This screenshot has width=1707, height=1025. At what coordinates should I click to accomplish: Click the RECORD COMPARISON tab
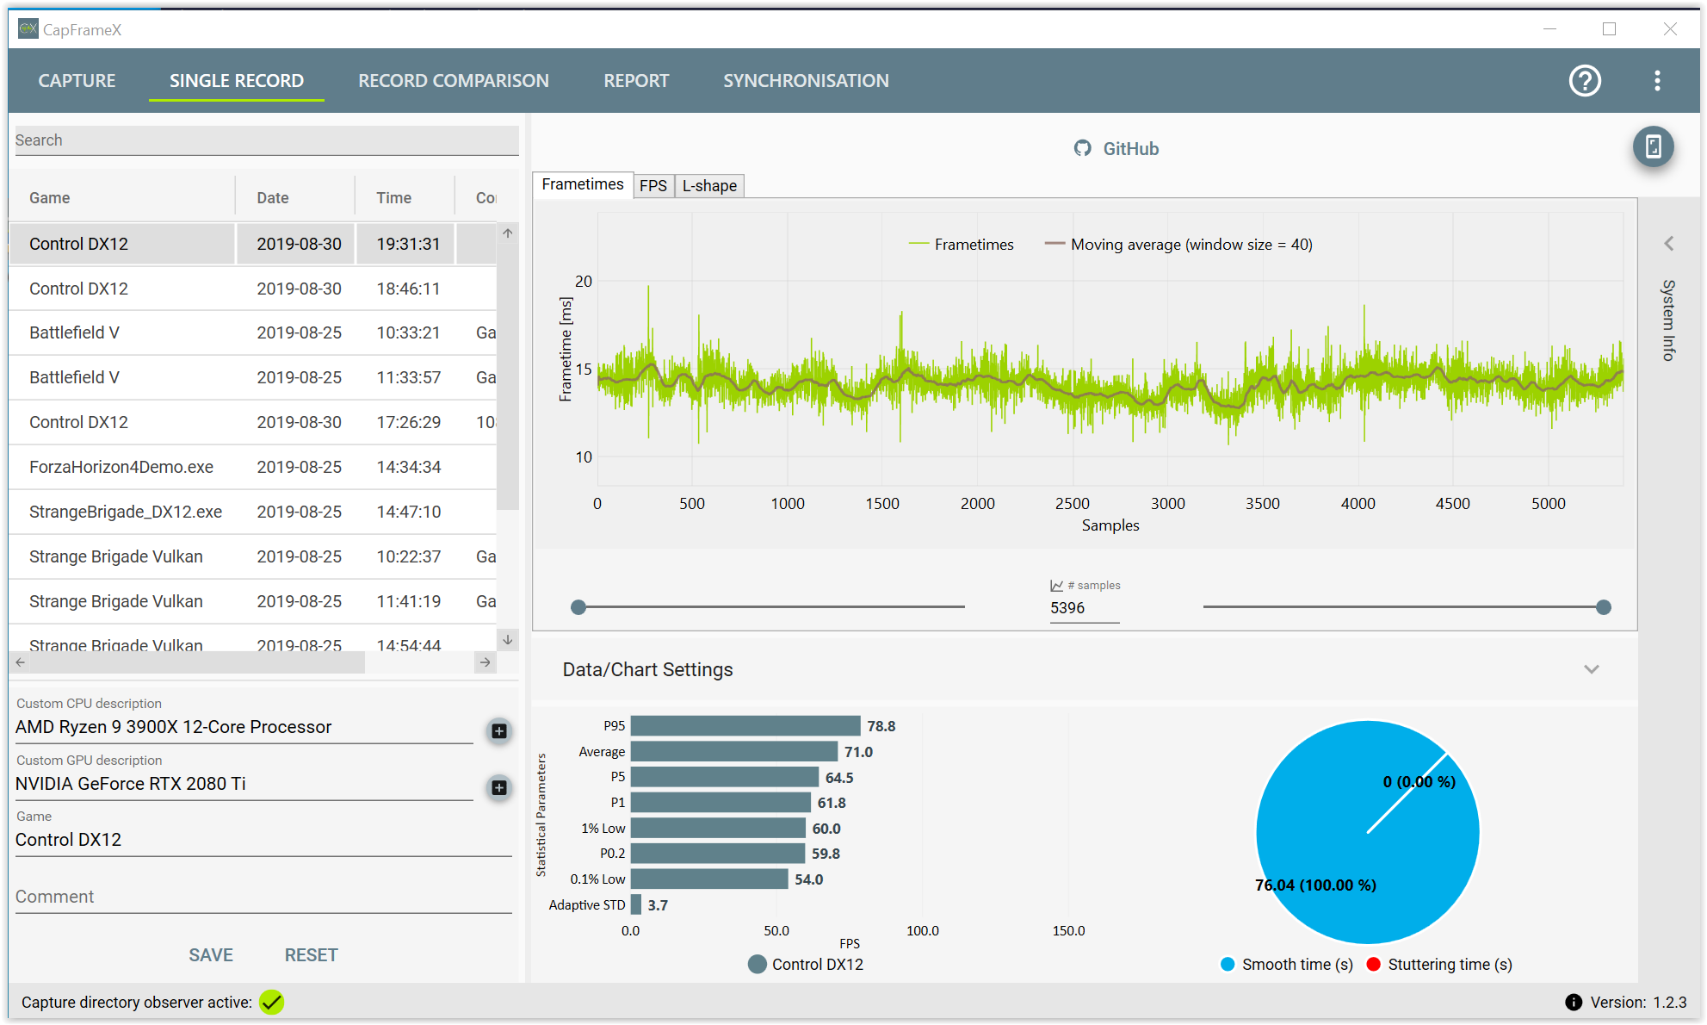454,81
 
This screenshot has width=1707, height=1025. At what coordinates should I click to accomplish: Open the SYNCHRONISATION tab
806,81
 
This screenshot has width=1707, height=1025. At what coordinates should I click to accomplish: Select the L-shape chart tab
709,186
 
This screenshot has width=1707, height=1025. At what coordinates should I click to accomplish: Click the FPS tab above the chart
653,186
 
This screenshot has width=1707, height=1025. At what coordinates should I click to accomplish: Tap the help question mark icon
1585,81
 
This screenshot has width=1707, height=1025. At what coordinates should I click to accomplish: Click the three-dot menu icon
1657,81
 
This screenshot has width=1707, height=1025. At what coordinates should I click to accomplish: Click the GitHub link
1116,149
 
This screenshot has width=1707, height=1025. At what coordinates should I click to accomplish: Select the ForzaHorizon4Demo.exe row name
121,467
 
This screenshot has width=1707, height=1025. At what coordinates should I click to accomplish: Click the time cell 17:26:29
409,422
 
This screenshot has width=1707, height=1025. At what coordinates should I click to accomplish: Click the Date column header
273,198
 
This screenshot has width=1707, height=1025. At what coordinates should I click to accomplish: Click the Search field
267,140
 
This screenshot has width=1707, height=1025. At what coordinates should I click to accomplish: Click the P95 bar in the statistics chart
745,726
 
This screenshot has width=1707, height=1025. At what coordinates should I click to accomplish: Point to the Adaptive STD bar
636,905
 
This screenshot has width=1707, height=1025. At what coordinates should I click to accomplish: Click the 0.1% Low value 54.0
809,879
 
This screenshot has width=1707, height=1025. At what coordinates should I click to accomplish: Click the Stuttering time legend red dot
1374,965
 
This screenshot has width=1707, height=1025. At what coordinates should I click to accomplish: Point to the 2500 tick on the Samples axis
1073,504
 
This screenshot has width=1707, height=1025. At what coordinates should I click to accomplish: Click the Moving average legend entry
1178,245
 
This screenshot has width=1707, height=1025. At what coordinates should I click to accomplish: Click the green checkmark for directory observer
272,1003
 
